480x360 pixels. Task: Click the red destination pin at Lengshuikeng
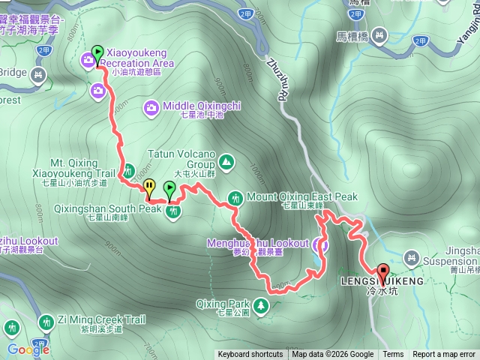382,273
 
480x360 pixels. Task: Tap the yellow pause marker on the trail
149,186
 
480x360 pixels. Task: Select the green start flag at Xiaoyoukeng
97,53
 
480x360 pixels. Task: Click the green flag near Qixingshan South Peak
169,188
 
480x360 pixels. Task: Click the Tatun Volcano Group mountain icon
226,161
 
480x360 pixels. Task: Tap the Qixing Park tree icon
260,305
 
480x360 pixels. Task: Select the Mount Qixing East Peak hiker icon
236,197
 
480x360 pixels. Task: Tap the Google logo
28,349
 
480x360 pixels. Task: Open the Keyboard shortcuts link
250,355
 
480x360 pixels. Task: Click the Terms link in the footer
393,355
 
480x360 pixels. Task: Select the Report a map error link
444,355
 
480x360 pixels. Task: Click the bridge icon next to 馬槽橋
379,34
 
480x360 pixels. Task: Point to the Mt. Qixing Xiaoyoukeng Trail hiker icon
127,170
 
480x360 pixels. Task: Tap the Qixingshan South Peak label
124,209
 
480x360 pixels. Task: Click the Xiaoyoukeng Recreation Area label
140,58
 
